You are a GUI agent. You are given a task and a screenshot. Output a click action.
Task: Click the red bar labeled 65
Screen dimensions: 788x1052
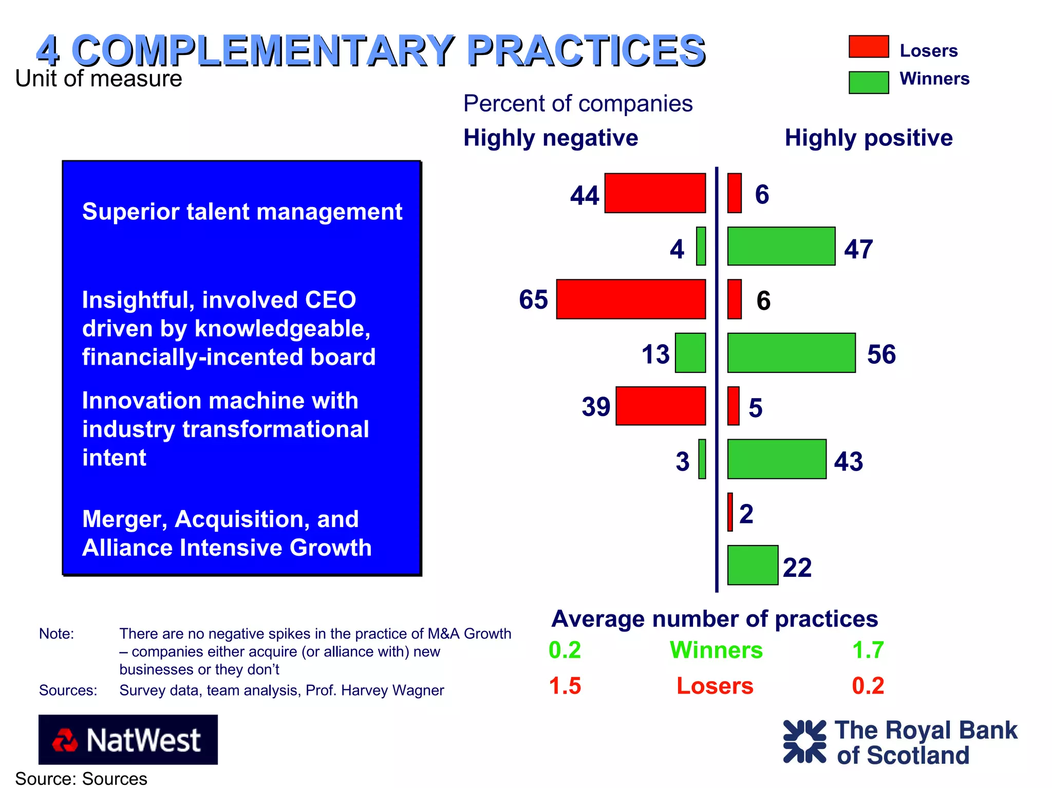click(x=631, y=299)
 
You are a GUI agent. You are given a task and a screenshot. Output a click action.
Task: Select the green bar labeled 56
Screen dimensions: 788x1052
click(x=792, y=353)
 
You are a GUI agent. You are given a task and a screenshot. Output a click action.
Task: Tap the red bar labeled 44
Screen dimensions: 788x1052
click(x=655, y=193)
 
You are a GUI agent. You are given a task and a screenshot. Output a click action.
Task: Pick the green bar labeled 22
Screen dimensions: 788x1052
click(x=753, y=565)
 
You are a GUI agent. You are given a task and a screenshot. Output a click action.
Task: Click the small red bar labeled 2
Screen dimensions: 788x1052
click(x=730, y=512)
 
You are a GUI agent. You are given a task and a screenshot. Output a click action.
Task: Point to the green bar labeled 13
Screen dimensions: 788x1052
click(x=690, y=353)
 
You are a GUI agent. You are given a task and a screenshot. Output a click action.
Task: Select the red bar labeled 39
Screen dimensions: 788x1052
click(x=661, y=406)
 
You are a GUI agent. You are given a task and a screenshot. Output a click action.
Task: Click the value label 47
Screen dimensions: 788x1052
click(x=858, y=249)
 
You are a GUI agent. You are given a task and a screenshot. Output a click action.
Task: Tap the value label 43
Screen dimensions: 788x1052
click(x=848, y=461)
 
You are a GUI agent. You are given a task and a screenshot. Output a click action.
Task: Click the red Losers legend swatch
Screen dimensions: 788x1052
click(x=869, y=47)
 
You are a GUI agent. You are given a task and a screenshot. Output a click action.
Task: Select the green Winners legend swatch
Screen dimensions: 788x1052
click(x=869, y=82)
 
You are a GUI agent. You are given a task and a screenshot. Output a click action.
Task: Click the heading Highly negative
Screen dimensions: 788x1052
click(x=551, y=138)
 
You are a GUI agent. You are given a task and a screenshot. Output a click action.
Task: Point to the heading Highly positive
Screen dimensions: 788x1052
click(x=869, y=138)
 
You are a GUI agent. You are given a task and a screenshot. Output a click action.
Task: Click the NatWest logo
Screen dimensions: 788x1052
click(x=128, y=740)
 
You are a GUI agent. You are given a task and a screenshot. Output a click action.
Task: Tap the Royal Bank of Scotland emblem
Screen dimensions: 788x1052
click(x=804, y=741)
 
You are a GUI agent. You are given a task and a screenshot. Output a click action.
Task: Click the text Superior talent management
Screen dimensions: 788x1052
click(x=242, y=212)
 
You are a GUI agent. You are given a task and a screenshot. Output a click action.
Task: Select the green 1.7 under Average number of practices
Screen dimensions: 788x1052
click(x=868, y=650)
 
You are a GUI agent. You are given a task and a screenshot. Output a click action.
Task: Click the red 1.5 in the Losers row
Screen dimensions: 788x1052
click(x=565, y=686)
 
